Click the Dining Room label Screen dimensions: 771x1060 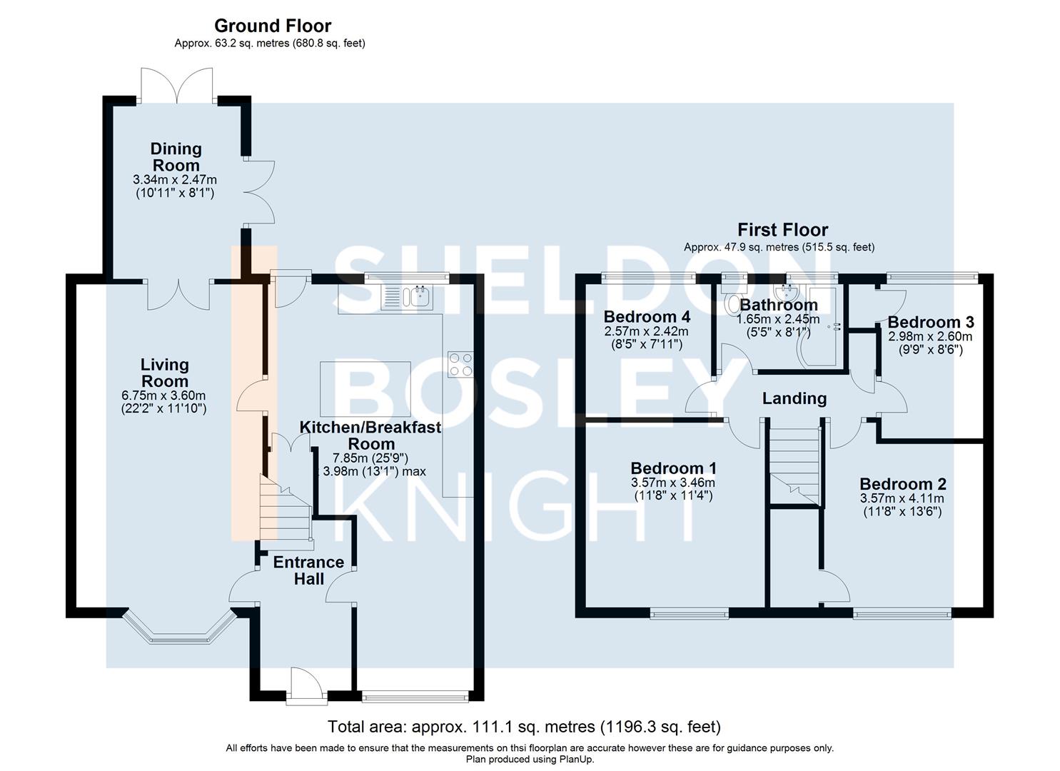[x=176, y=157]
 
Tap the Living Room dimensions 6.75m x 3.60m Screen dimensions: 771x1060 [x=164, y=395]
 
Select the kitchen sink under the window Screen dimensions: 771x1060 [x=406, y=296]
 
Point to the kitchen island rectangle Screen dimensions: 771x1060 [x=365, y=388]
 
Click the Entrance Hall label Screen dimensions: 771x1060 [x=308, y=570]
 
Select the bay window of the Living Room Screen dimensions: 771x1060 [x=179, y=630]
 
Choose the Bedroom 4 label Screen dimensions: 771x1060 [x=647, y=316]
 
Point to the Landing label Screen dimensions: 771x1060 [x=794, y=398]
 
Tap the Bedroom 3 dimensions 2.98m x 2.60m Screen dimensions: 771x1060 [x=929, y=337]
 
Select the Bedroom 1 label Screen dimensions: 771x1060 [x=673, y=468]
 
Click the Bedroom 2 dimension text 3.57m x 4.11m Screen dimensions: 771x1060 [x=902, y=498]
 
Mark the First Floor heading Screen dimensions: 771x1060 [x=782, y=230]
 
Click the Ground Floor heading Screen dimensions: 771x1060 [x=273, y=26]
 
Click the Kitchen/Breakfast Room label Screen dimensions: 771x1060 [x=370, y=435]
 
